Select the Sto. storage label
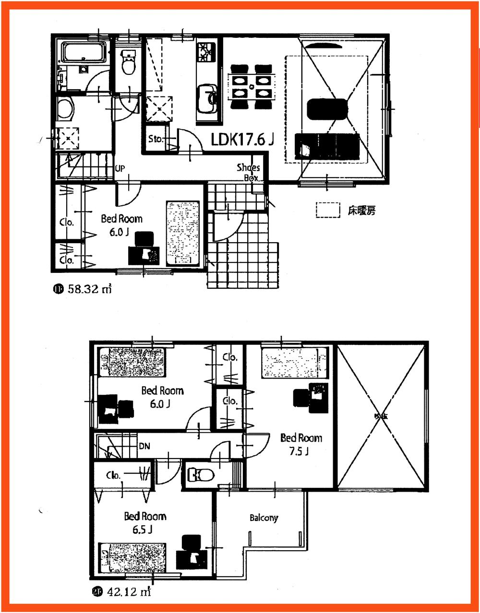(x=156, y=140)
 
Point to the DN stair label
(x=144, y=446)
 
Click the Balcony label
(x=264, y=518)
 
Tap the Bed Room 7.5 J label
(x=301, y=444)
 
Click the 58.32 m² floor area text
(x=89, y=289)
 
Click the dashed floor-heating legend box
(x=328, y=210)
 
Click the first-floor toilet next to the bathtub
(x=128, y=63)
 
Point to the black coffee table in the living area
(x=326, y=109)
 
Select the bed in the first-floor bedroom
(x=182, y=233)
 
